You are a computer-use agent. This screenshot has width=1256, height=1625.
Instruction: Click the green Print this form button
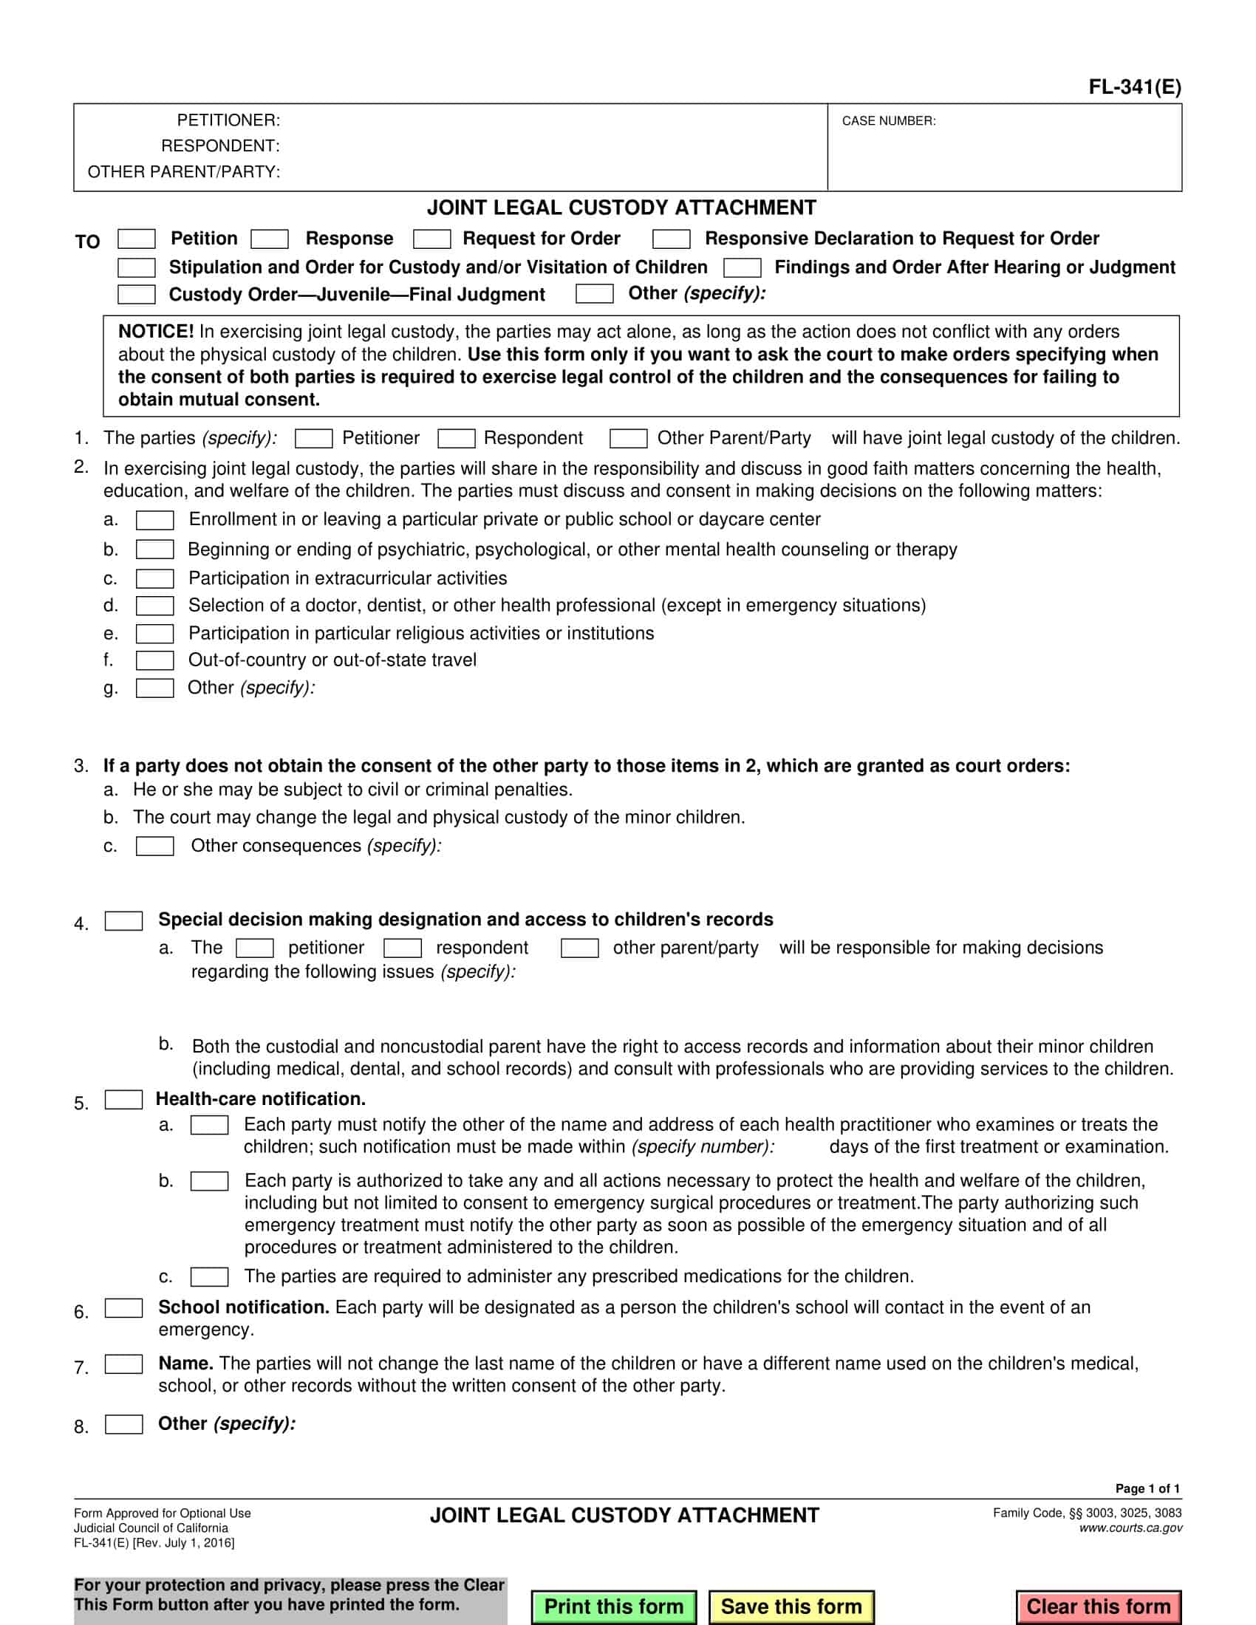(613, 1607)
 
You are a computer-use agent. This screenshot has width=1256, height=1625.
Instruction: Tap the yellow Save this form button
(791, 1607)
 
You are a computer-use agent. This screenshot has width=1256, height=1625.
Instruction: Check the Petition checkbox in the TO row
(137, 239)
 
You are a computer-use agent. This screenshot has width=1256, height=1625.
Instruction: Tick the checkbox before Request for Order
(431, 239)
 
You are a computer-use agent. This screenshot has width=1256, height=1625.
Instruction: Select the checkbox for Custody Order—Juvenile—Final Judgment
(137, 295)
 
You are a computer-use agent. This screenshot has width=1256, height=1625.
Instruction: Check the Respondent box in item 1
(456, 439)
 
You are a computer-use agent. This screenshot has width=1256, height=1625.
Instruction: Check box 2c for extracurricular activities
(154, 579)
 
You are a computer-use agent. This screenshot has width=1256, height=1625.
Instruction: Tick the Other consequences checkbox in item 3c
(154, 846)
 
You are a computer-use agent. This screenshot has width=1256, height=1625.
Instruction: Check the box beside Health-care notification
(123, 1100)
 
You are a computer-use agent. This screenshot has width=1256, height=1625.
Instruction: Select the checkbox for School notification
(123, 1308)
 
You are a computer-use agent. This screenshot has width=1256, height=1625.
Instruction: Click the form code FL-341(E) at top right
(1134, 87)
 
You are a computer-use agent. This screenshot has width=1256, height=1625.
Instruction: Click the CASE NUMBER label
(888, 121)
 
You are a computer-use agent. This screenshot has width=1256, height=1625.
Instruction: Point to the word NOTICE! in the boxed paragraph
(155, 332)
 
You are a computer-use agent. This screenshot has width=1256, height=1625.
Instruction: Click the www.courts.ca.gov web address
(1130, 1528)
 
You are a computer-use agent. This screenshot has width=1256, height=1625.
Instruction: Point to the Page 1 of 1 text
(1147, 1488)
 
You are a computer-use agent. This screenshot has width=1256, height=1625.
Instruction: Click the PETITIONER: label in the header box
(228, 120)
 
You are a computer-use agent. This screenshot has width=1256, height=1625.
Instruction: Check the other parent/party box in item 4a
(580, 948)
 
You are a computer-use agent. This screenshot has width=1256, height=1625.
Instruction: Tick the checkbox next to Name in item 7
(123, 1364)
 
